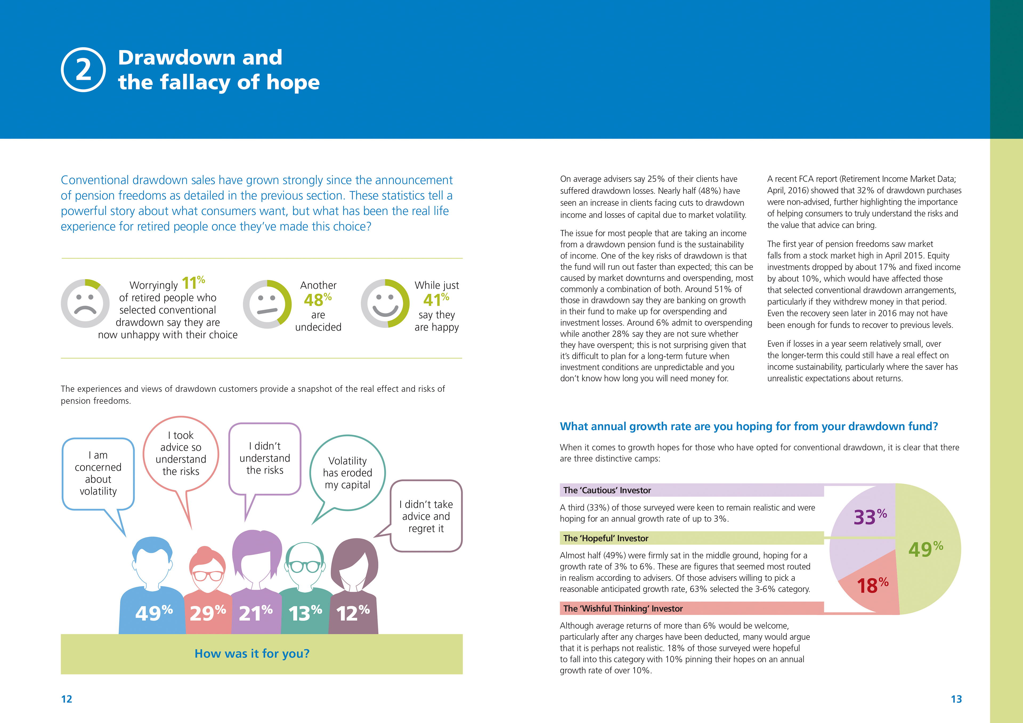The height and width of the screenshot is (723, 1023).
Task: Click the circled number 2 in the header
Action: point(83,70)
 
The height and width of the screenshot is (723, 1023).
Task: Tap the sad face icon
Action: point(85,303)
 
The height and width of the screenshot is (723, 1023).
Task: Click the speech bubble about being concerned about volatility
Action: point(98,473)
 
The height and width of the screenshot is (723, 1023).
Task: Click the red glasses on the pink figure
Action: point(208,575)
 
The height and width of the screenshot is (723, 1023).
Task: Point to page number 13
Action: point(956,699)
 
